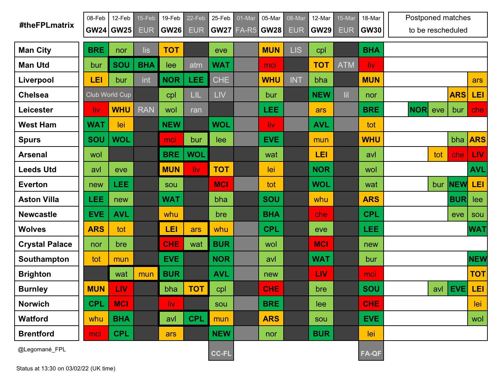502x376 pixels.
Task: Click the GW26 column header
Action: pyautogui.click(x=171, y=25)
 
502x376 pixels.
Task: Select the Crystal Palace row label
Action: pyautogui.click(x=45, y=244)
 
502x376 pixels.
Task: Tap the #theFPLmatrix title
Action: pyautogui.click(x=47, y=25)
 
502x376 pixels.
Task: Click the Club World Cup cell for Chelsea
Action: pyautogui.click(x=109, y=95)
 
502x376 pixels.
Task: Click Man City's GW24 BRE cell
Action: pyautogui.click(x=96, y=50)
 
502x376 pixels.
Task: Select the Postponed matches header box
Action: pyautogui.click(x=438, y=24)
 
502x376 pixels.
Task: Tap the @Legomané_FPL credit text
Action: pyautogui.click(x=42, y=350)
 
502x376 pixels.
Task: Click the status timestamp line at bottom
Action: pyautogui.click(x=66, y=368)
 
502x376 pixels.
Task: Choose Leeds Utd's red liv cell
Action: pyautogui.click(x=196, y=169)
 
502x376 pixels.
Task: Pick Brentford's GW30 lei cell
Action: pyautogui.click(x=371, y=334)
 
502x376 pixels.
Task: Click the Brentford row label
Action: pyautogui.click(x=36, y=334)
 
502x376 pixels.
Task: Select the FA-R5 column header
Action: pyautogui.click(x=246, y=25)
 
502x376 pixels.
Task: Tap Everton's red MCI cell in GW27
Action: pyautogui.click(x=221, y=184)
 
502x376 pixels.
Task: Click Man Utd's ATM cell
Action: pyautogui.click(x=346, y=65)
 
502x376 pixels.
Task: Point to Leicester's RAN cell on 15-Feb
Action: pyautogui.click(x=146, y=110)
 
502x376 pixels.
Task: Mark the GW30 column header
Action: pyautogui.click(x=371, y=25)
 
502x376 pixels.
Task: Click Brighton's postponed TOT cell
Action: pyautogui.click(x=478, y=274)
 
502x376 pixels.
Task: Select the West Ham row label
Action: pyautogui.click(x=37, y=125)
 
